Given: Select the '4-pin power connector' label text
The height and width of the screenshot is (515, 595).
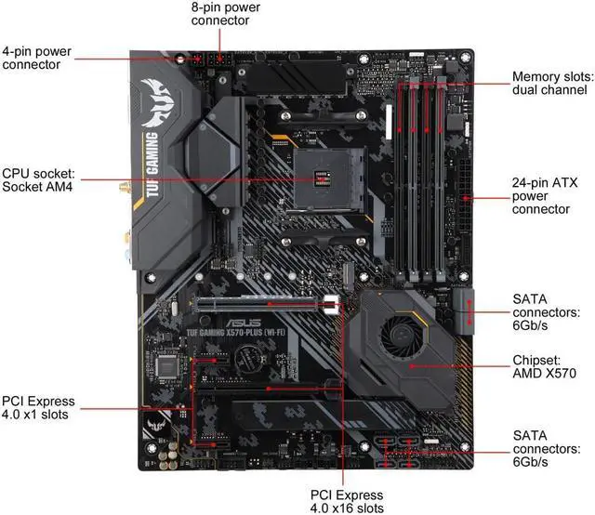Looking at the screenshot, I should click(36, 58).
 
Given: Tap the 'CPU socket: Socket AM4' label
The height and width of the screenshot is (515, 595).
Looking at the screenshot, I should click(38, 180).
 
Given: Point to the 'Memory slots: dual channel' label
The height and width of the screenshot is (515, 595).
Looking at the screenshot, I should click(551, 83).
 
